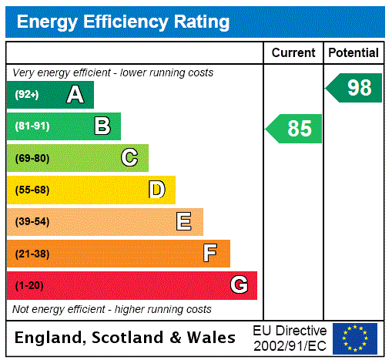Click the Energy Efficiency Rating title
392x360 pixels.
coord(123,22)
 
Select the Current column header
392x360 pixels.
coord(293,53)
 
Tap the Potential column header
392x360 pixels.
coord(353,53)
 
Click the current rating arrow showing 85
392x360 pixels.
coord(295,129)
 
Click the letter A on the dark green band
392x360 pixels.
coord(75,95)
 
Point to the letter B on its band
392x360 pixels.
coord(102,126)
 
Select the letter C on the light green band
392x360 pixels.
coord(129,158)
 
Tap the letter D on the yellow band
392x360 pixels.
coord(156,190)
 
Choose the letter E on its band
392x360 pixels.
coord(184,222)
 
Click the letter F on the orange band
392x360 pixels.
coord(210,254)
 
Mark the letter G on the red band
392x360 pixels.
coord(239,285)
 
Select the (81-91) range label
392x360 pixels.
coord(32,126)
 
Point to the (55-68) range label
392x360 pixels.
coord(32,190)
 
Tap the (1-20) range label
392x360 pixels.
coord(29,285)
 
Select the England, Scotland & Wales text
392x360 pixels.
coord(126,338)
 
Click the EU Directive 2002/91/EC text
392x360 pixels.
coord(290,338)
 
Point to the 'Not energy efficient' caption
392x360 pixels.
coord(112,309)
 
